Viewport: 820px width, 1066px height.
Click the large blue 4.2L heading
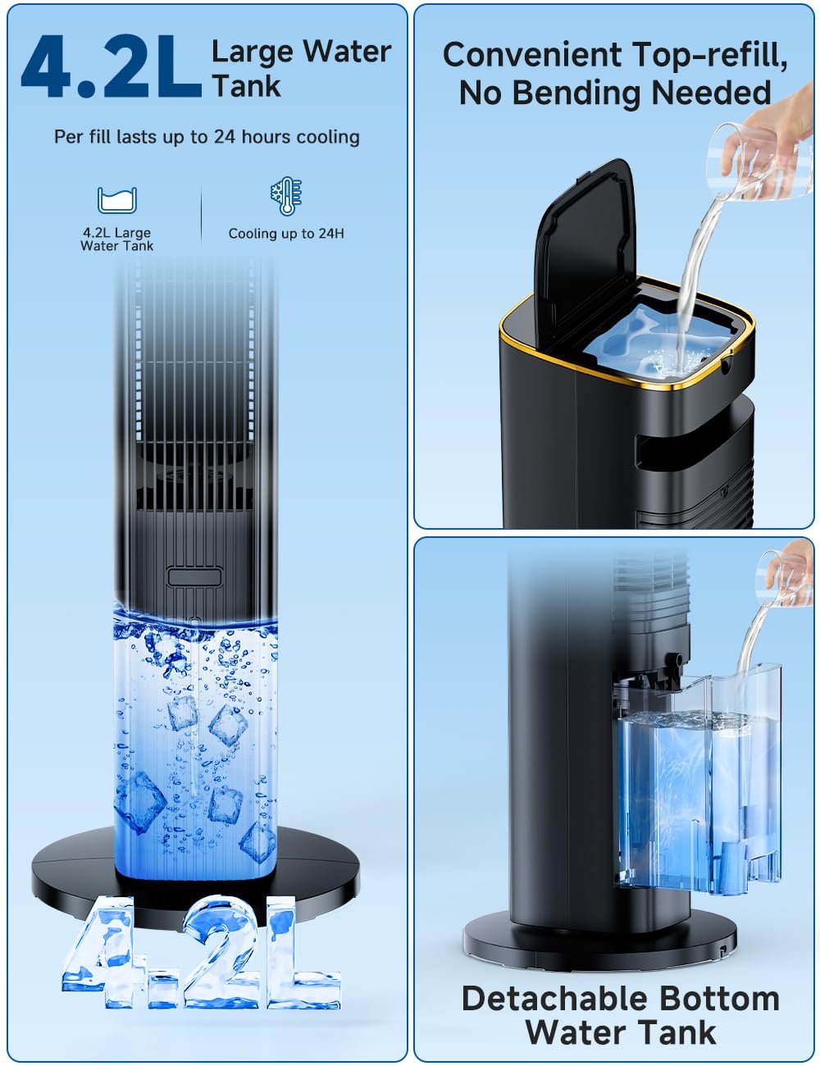(x=112, y=66)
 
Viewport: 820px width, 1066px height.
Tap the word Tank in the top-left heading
(x=247, y=86)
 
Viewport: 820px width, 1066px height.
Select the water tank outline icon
(x=116, y=200)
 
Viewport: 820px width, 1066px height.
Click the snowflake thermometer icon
(x=286, y=196)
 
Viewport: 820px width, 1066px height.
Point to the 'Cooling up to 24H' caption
(x=286, y=234)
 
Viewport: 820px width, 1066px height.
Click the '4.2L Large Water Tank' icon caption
(x=116, y=239)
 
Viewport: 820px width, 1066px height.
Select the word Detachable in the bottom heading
(x=554, y=999)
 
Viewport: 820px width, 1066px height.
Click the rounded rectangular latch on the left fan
(x=194, y=576)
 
